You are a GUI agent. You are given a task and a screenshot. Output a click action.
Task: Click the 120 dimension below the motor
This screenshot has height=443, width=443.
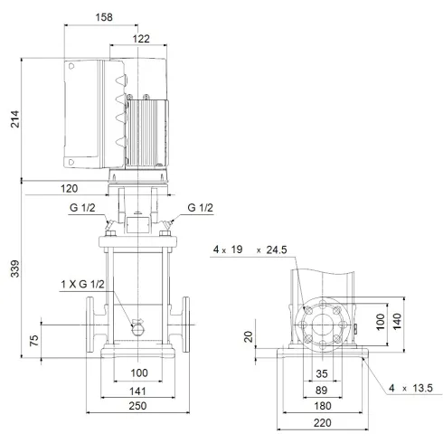67,190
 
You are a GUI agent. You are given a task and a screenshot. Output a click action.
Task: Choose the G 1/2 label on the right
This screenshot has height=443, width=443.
200,209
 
